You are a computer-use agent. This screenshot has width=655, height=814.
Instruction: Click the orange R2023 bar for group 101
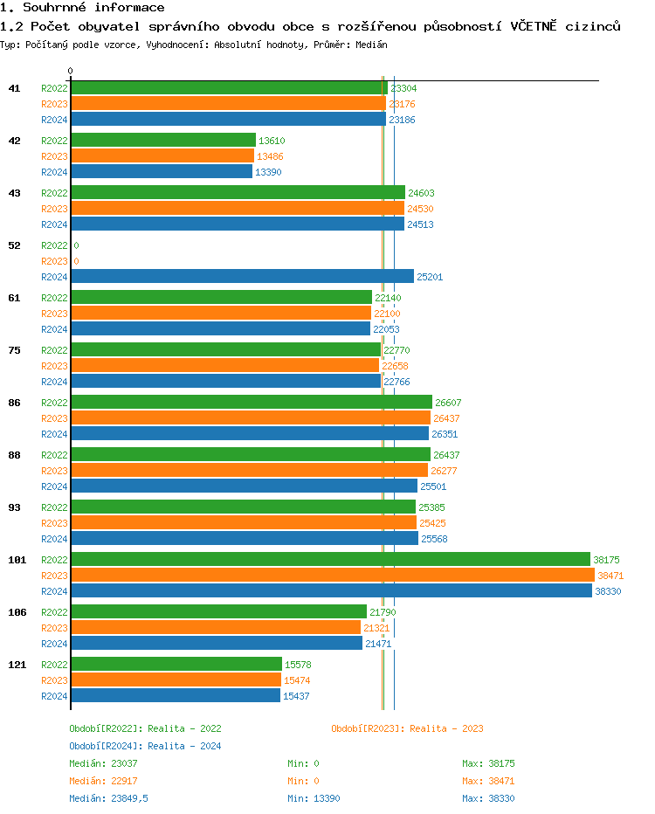click(332, 575)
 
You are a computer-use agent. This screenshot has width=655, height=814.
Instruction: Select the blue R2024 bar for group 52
click(242, 276)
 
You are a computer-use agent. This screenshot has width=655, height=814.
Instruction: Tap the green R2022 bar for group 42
click(162, 140)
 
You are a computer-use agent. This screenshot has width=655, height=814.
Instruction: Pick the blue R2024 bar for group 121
click(175, 695)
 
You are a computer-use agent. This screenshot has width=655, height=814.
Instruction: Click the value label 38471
click(610, 576)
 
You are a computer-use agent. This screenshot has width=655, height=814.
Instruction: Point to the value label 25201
click(430, 277)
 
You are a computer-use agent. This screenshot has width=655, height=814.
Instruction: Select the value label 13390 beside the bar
click(268, 172)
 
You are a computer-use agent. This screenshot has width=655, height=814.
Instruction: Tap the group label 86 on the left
click(14, 403)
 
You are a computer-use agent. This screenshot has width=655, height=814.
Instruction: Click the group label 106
click(17, 612)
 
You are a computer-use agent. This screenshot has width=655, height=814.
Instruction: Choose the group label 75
click(14, 350)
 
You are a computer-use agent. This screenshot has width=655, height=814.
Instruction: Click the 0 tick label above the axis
click(70, 72)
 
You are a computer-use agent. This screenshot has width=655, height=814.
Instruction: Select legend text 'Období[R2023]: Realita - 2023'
click(407, 728)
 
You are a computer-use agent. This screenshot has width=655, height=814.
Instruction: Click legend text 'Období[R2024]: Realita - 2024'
click(145, 746)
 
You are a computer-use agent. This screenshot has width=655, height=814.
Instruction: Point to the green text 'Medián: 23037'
click(100, 763)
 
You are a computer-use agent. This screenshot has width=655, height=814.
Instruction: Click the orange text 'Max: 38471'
click(488, 781)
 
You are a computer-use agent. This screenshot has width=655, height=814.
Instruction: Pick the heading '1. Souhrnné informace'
click(82, 8)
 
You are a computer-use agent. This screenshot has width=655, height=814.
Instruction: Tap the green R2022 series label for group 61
click(54, 298)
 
